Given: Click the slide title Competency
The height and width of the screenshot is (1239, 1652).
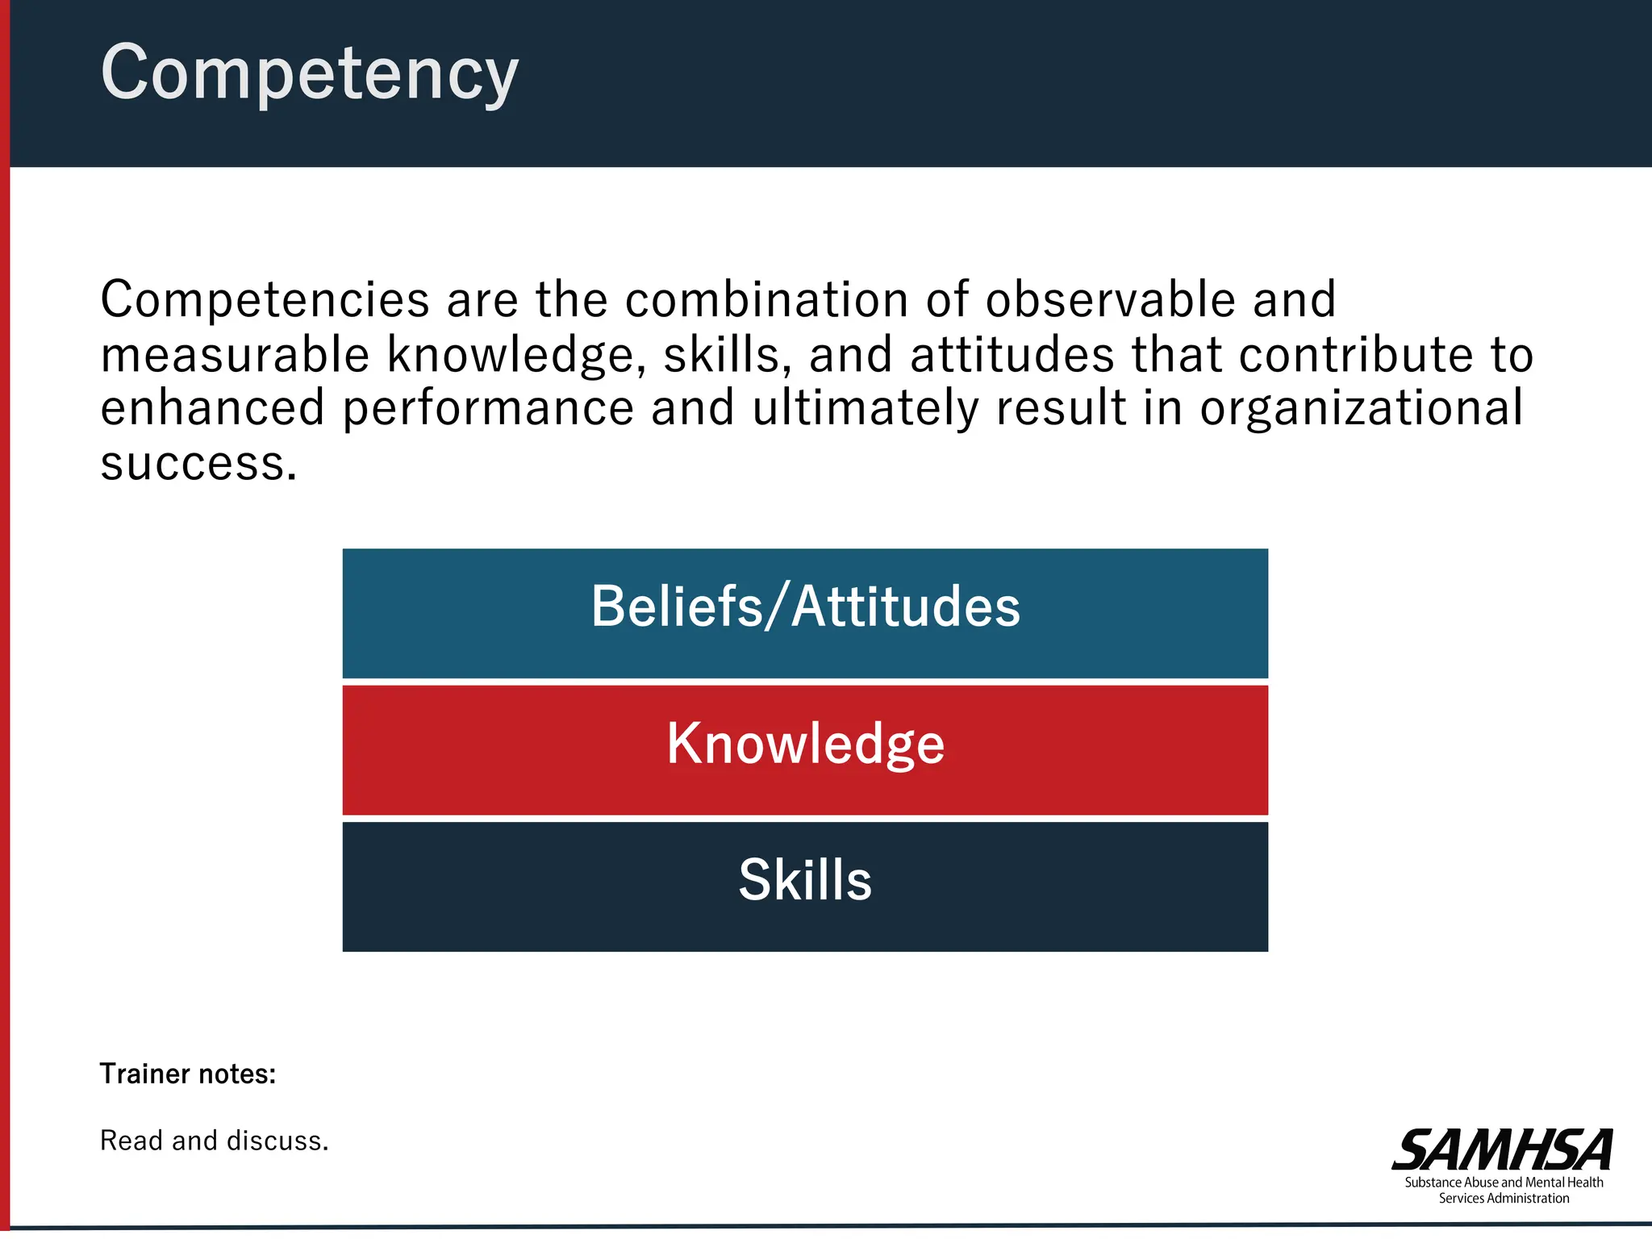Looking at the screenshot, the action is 310,73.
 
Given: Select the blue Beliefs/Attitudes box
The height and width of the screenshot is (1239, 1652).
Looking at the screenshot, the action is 805,613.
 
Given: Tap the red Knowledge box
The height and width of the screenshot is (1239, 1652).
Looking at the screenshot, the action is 805,750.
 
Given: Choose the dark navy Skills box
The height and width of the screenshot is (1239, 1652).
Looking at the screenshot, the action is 805,886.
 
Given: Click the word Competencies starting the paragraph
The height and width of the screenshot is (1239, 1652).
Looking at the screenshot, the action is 265,301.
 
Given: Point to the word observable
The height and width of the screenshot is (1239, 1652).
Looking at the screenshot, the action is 1111,299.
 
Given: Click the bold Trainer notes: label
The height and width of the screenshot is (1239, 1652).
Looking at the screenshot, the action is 188,1074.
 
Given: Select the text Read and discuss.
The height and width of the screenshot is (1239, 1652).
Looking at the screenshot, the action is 215,1141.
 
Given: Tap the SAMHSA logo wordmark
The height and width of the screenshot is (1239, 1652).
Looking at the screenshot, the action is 1503,1149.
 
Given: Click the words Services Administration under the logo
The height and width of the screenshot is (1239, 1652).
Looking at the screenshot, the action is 1504,1199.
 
